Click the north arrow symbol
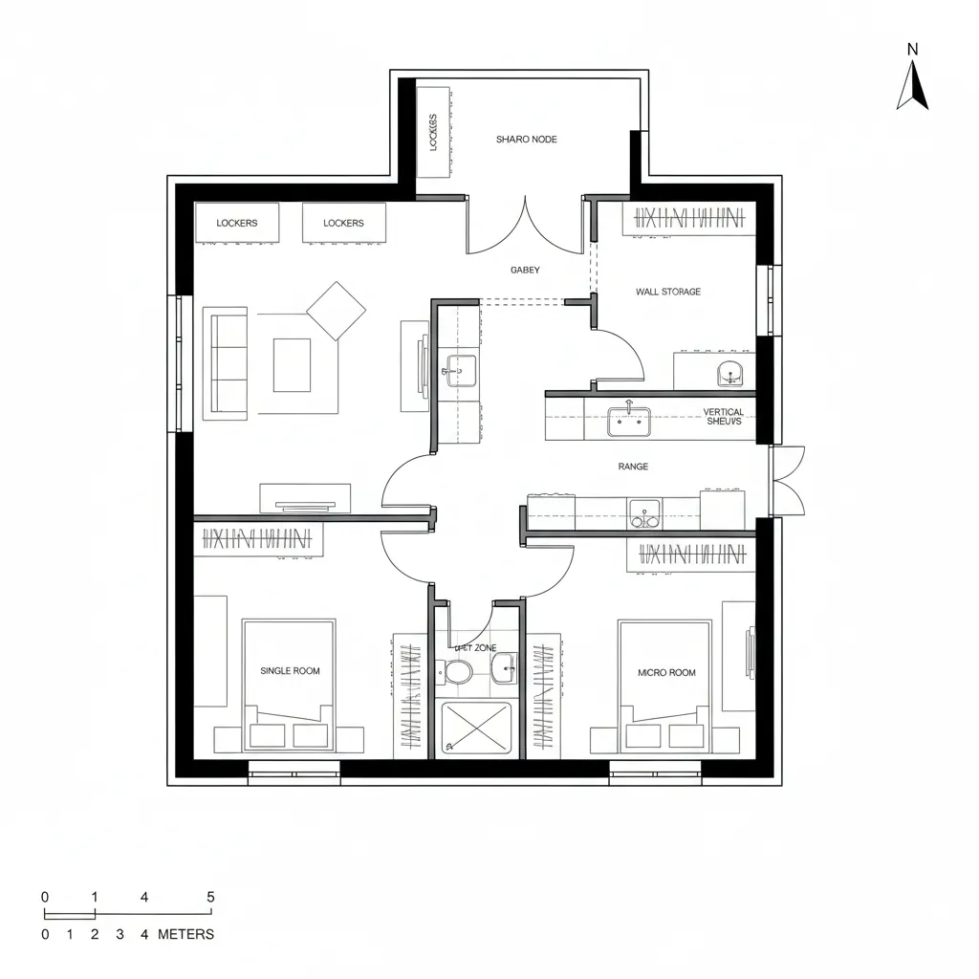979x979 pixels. [912, 86]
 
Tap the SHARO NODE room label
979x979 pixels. [526, 140]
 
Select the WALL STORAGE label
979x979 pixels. [667, 292]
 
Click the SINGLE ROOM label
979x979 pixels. [290, 671]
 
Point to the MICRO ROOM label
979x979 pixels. [666, 673]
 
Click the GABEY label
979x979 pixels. [525, 271]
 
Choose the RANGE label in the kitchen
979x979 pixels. [633, 467]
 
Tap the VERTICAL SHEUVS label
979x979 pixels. [724, 418]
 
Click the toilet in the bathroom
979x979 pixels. [457, 672]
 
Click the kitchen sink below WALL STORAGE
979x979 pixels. [628, 421]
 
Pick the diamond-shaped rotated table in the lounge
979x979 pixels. [336, 311]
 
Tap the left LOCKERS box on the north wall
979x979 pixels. [237, 223]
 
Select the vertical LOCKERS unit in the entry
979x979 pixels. [433, 132]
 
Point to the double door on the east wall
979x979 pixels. [788, 481]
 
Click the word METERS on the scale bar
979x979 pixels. [185, 934]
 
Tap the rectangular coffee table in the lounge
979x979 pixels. [292, 365]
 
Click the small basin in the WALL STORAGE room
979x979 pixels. [730, 375]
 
